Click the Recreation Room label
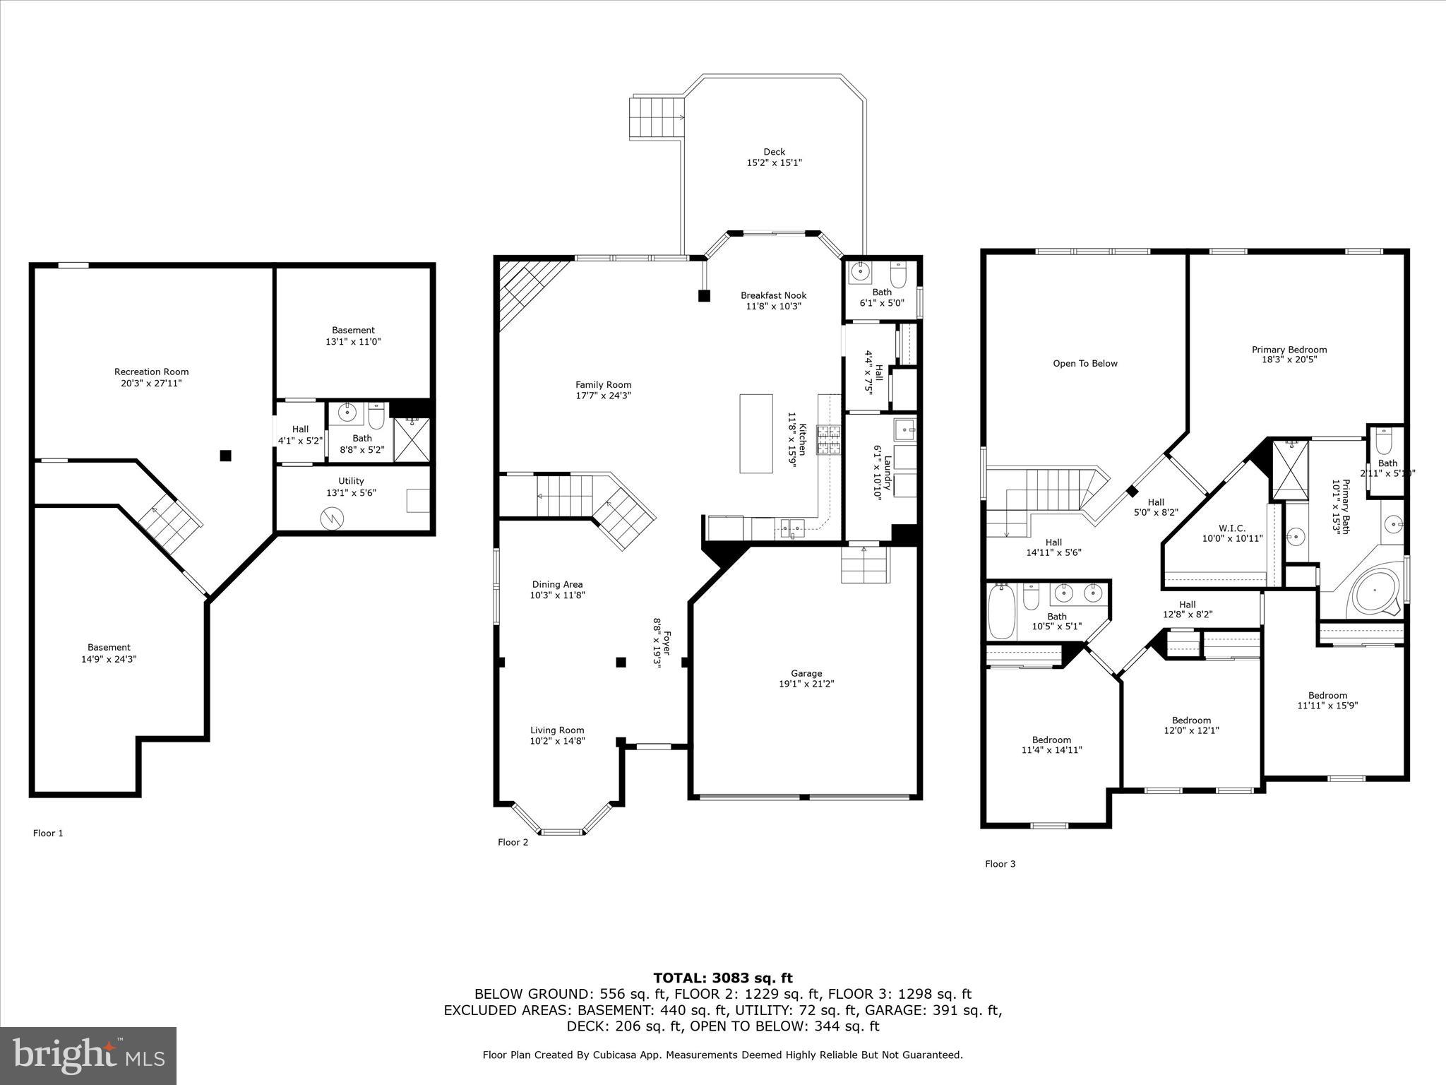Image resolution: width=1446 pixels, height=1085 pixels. point(151,372)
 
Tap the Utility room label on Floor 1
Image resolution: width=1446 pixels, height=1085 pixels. point(351,482)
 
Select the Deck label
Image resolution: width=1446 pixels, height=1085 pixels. point(774,152)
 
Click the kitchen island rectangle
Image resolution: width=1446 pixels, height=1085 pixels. point(755,433)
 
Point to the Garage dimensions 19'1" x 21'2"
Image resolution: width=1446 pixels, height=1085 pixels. point(806,684)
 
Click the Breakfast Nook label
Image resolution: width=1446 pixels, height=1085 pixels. point(773,296)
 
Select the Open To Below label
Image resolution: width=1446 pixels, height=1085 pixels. point(1084,364)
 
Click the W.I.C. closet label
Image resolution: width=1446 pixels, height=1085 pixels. point(1232,528)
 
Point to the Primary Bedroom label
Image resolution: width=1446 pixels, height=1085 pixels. point(1289,350)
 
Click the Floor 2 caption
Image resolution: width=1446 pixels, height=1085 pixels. point(513,842)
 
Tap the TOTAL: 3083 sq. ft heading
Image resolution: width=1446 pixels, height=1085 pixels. point(722,978)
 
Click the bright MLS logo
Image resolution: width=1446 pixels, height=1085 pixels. point(88,1055)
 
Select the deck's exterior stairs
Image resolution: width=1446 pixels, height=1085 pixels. point(657,118)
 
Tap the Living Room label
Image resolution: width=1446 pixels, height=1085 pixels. point(557,730)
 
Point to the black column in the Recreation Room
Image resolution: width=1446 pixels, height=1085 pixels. point(225,456)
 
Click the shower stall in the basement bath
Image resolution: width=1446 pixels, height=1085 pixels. point(411,440)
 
